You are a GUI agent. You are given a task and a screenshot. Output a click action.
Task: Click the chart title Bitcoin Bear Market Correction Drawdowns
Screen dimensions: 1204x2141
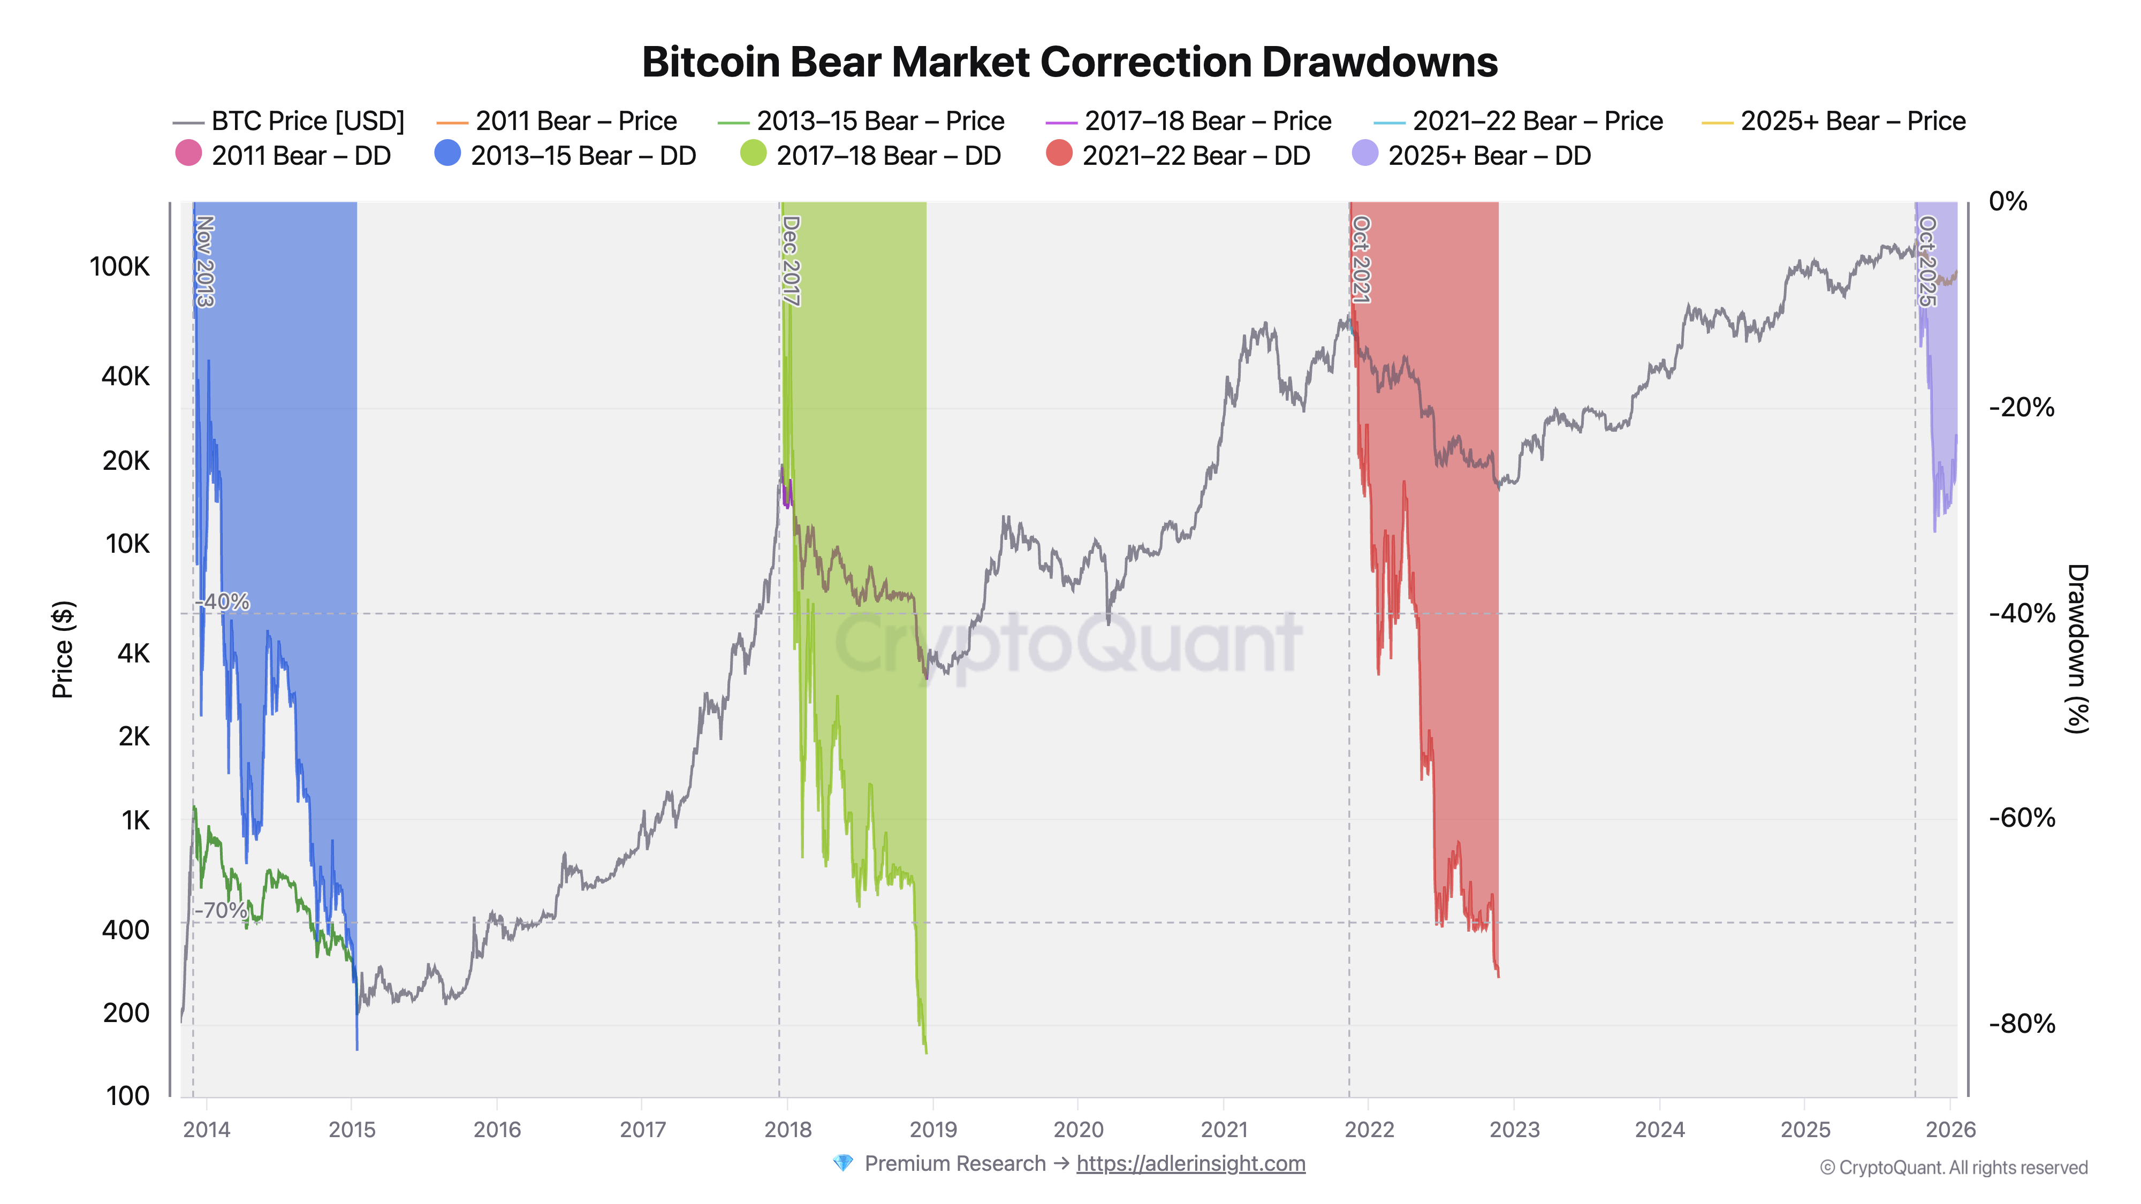[x=1069, y=62]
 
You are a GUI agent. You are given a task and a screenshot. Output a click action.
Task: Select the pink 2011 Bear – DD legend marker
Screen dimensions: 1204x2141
[x=188, y=154]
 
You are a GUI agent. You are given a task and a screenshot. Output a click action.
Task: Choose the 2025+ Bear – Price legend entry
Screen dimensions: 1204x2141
[x=1852, y=121]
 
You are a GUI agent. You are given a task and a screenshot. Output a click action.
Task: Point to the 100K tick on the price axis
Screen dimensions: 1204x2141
[x=120, y=266]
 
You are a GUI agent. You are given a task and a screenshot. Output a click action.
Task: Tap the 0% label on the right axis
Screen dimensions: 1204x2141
[x=2007, y=201]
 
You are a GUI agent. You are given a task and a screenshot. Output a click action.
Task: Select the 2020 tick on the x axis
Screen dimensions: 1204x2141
[x=1078, y=1129]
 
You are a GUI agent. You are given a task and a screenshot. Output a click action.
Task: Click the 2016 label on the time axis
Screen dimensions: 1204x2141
[x=497, y=1129]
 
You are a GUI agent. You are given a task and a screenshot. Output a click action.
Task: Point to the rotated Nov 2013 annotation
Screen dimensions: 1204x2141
[x=204, y=261]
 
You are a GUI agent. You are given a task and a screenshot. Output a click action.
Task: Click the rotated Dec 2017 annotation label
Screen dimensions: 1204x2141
[x=791, y=261]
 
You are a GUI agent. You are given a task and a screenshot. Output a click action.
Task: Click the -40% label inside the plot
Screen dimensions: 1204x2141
[x=223, y=601]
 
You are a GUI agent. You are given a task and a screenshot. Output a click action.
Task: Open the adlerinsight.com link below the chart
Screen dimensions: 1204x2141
[x=1190, y=1163]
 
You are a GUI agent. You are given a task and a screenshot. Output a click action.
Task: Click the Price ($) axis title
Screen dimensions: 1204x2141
[x=63, y=649]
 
